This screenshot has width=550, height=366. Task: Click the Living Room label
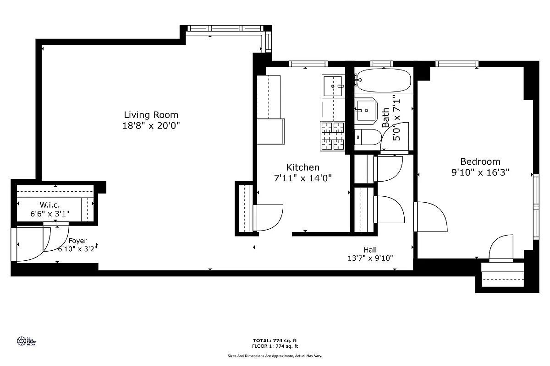[x=151, y=115]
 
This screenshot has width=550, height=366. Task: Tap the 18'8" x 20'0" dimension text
[x=151, y=126]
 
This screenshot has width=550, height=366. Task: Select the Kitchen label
[x=302, y=167]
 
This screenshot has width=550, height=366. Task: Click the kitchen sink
[x=334, y=86]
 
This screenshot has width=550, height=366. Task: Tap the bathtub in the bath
[x=383, y=81]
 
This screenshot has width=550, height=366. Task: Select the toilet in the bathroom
[x=368, y=137]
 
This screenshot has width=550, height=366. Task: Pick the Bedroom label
[x=480, y=161]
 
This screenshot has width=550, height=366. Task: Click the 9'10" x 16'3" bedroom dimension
[x=480, y=172]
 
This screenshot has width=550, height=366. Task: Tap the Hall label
[x=370, y=250]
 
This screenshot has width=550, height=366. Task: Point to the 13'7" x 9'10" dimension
[x=370, y=258]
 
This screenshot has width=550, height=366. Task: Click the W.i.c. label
[x=49, y=204]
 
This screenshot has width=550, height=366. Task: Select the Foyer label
[x=77, y=241]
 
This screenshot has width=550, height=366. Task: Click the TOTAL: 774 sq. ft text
[x=275, y=340]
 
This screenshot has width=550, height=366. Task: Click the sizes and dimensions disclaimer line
[x=275, y=355]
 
